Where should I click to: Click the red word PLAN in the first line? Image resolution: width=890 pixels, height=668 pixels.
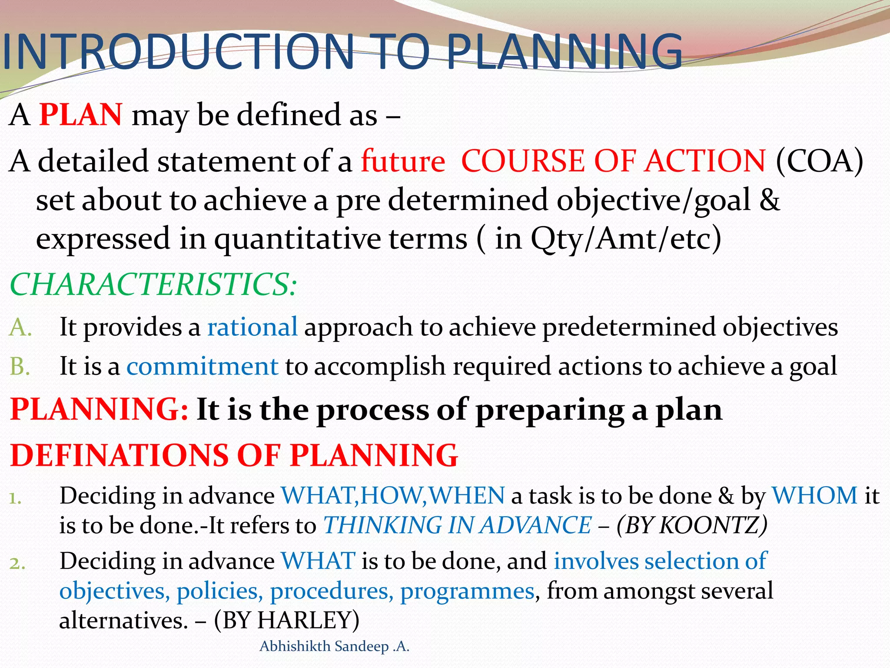[x=80, y=115]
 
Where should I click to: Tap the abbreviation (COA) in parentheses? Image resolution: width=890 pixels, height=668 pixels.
[x=819, y=161]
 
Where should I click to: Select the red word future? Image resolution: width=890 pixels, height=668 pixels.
[x=403, y=161]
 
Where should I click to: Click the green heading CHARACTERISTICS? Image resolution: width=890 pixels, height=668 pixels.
[x=153, y=285]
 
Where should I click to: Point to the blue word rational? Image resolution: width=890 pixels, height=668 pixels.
[x=252, y=327]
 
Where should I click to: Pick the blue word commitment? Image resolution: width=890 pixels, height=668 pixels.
[x=202, y=366]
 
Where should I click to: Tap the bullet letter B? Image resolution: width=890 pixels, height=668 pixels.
[x=20, y=366]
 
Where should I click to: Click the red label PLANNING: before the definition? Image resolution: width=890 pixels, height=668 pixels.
[x=99, y=409]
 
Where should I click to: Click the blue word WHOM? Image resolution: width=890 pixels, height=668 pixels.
[x=814, y=495]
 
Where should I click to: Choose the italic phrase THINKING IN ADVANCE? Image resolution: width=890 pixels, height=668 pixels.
[x=457, y=525]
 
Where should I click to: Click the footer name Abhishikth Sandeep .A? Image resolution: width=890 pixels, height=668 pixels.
[x=334, y=647]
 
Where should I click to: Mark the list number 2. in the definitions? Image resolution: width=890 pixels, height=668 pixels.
[x=17, y=563]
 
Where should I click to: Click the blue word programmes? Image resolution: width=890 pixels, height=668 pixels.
[x=467, y=591]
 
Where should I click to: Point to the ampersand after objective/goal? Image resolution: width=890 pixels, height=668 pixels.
[x=769, y=200]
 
